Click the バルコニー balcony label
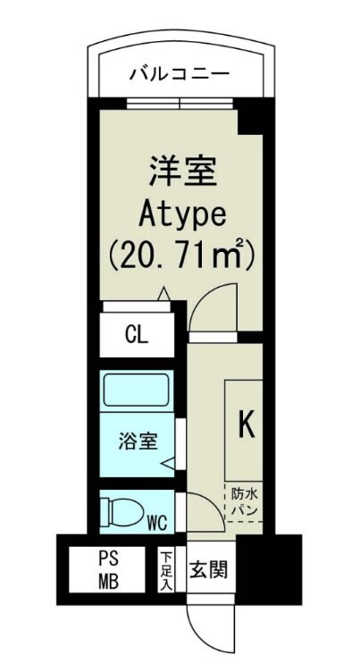coord(180,72)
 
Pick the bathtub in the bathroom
coord(138,391)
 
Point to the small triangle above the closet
coord(163,292)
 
